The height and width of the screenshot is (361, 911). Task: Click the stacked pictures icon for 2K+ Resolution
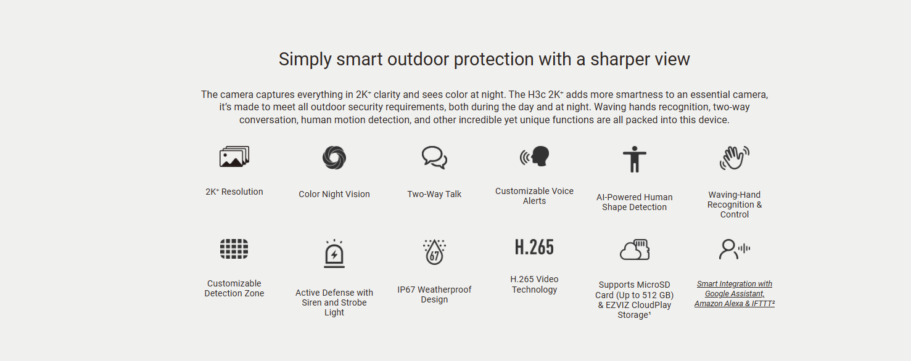point(234,156)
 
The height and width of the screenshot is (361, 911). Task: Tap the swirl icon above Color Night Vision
point(334,158)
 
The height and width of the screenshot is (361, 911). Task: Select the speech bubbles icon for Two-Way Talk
point(434,158)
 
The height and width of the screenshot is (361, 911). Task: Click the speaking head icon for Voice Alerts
point(534,156)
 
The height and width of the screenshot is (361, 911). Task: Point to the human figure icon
point(635,159)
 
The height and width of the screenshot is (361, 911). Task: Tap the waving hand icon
point(735,158)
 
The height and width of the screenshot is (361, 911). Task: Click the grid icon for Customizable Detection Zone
point(234,249)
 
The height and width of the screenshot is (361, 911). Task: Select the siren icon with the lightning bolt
point(334,254)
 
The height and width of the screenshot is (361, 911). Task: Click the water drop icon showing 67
point(434,252)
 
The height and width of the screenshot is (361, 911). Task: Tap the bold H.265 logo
point(534,247)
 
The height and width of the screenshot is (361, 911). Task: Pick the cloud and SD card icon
point(635,249)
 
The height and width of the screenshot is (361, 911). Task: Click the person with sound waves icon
point(735,249)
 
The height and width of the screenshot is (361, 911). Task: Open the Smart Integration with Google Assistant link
point(735,294)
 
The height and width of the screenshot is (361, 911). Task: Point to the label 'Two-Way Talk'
point(434,194)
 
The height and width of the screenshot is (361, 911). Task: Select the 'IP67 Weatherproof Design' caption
point(434,294)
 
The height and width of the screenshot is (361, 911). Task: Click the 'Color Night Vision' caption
point(334,194)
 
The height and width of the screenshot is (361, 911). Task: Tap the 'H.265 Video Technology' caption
point(534,284)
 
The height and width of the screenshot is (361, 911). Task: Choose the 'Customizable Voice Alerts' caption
point(534,196)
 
